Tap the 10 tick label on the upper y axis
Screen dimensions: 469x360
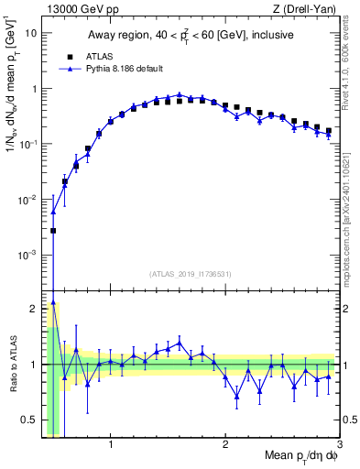[x=30, y=33]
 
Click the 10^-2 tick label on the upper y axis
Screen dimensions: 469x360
[x=27, y=199]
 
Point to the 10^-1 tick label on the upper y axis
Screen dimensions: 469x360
[x=27, y=144]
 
